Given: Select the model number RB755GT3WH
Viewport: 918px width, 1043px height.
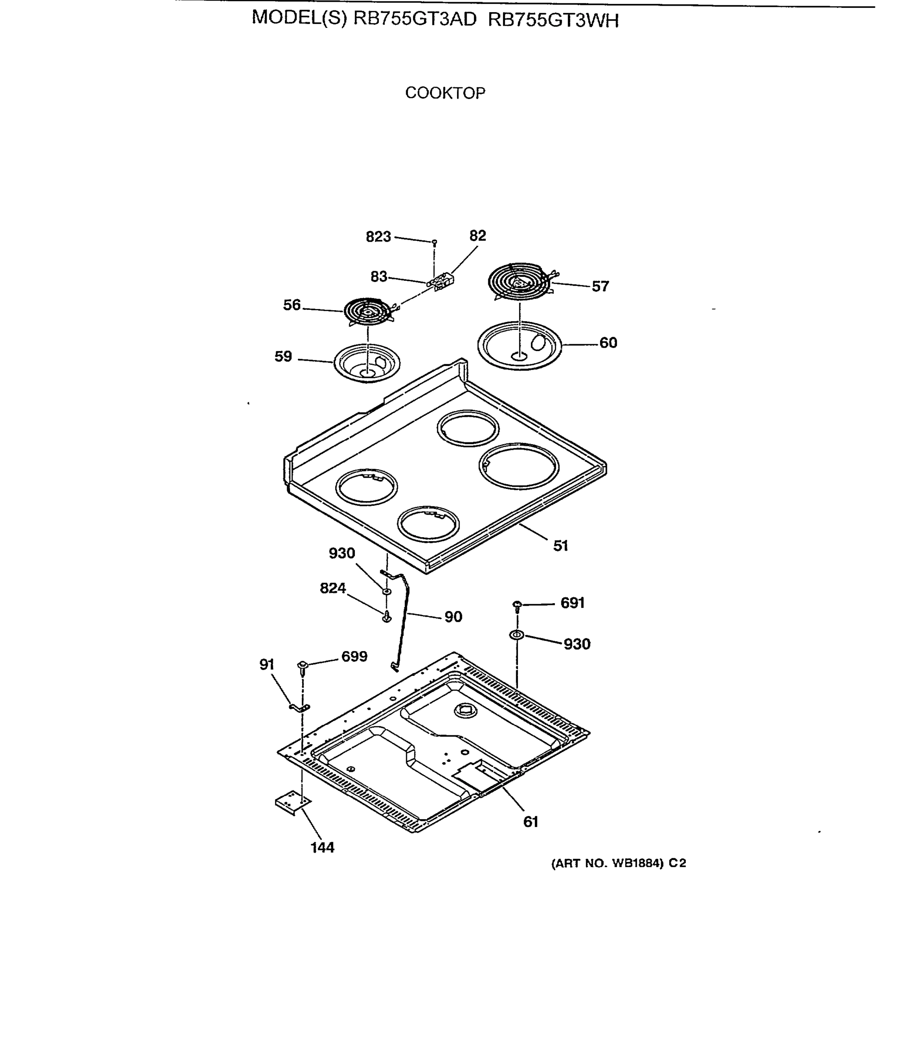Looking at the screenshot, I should (x=553, y=20).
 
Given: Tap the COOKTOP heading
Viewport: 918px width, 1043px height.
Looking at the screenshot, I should (x=445, y=93).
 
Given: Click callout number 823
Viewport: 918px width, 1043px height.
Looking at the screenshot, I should (x=378, y=237).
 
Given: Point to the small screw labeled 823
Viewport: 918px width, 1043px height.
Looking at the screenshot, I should (x=434, y=242).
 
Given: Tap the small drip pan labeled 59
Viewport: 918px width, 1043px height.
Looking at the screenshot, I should (x=367, y=363).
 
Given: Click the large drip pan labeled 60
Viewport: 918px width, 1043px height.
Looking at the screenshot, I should (x=519, y=345).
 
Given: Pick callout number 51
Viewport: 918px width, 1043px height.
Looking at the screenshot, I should (x=560, y=545).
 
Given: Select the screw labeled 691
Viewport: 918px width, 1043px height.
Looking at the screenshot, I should (x=517, y=605).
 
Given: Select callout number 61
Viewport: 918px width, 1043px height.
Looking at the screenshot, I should (x=531, y=821).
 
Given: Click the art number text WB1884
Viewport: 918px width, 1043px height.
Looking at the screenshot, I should (x=636, y=864).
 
